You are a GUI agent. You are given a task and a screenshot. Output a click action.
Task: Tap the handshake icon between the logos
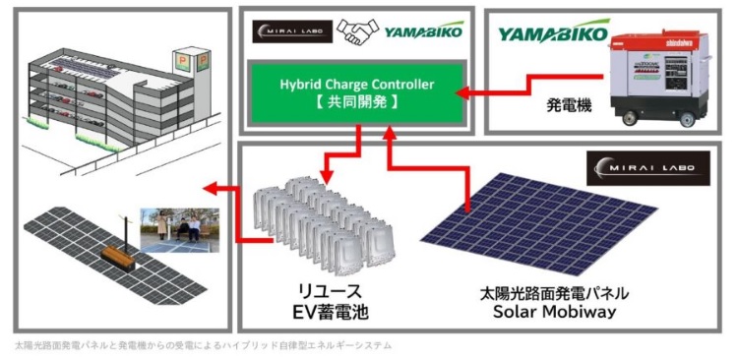coord(357,32)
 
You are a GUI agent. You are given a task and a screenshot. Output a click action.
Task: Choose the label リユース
coord(326,292)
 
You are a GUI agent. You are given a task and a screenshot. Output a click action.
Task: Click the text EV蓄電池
coord(326,314)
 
